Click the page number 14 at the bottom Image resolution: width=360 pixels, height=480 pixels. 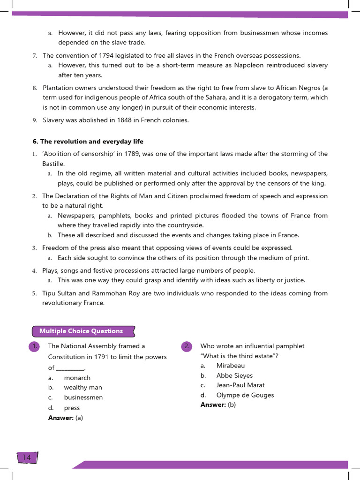[x=26, y=457]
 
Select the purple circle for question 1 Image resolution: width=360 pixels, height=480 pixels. [x=34, y=346]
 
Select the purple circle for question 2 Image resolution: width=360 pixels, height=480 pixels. [x=187, y=346]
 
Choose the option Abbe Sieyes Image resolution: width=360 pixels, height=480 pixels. [x=234, y=375]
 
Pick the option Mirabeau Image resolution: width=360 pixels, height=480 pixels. [x=230, y=366]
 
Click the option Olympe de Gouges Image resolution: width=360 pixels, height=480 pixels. [x=245, y=395]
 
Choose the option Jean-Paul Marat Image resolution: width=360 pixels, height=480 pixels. [x=240, y=385]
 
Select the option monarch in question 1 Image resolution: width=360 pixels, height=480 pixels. [x=77, y=378]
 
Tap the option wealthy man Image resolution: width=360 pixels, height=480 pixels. [x=83, y=388]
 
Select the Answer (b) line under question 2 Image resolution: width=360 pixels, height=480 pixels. [x=218, y=405]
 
